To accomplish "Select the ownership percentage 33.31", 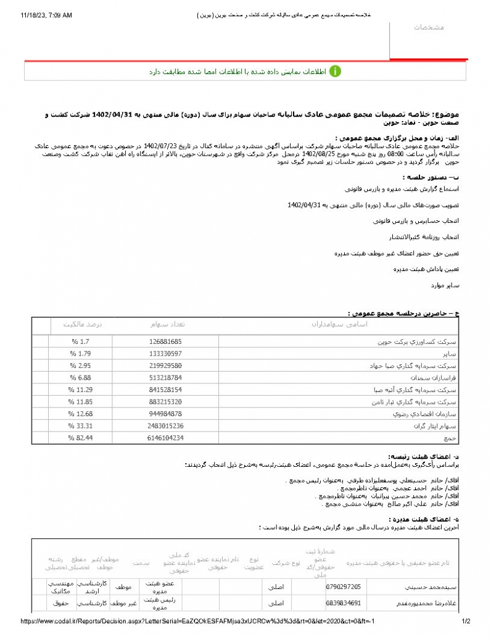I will (81, 425).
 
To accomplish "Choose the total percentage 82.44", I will (81, 437).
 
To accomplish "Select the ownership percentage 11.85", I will (81, 401).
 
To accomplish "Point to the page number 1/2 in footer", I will (466, 621).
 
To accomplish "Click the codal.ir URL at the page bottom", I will (197, 621).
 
